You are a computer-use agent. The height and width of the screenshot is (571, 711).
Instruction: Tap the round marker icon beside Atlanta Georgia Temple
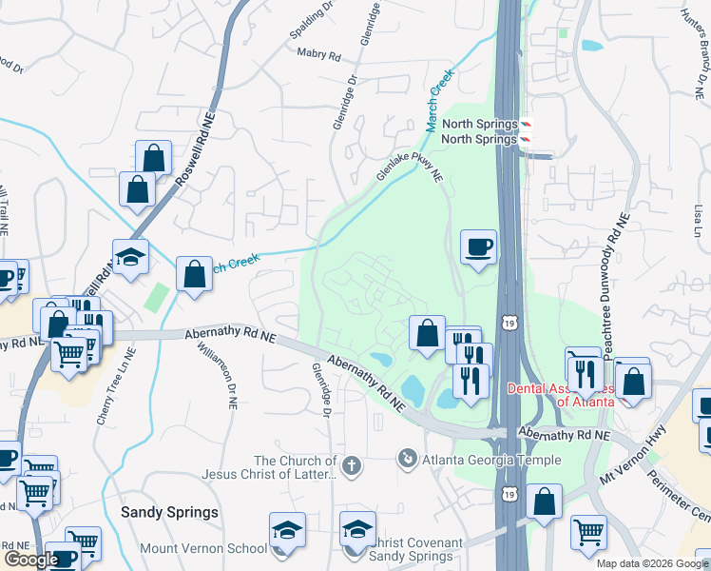coord(408,460)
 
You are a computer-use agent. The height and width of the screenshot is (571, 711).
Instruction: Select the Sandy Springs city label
coord(169,512)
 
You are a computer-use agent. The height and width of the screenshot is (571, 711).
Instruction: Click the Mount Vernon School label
coord(203,548)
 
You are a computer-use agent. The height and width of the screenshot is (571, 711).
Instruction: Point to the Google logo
coord(30,560)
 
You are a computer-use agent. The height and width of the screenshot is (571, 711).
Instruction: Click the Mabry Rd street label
coord(318,55)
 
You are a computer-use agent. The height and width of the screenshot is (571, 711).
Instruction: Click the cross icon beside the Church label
coord(351,466)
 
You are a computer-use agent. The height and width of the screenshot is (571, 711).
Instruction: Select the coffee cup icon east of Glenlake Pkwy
coord(477,247)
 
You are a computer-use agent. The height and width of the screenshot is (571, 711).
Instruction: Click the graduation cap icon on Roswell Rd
coord(130,255)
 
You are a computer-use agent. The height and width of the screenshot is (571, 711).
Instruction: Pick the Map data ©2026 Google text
coord(653,563)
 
